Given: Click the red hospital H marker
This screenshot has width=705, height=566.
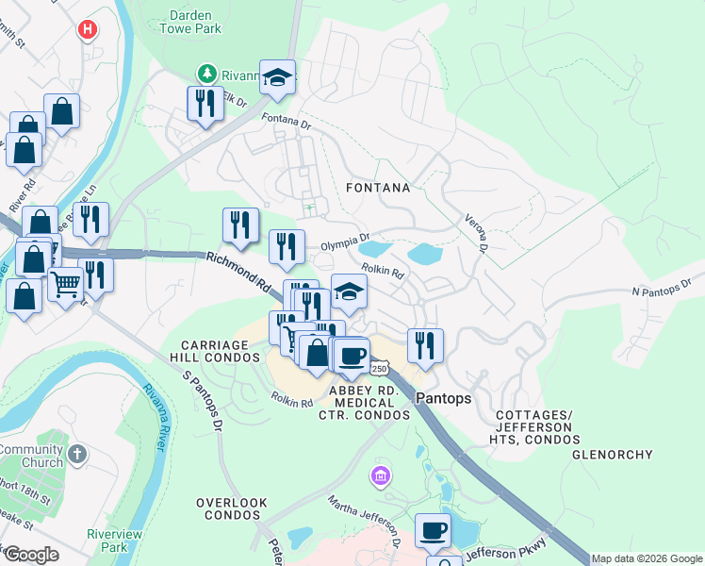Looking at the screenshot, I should [x=88, y=30].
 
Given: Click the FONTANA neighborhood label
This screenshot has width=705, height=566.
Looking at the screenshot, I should [x=378, y=188].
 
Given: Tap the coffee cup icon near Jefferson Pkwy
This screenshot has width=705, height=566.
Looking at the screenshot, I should [x=433, y=531].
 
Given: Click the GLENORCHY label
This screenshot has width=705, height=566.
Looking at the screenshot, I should [x=612, y=455].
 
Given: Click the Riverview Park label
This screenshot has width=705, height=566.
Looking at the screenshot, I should [x=107, y=540].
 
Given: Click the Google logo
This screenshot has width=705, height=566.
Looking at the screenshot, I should [x=31, y=555].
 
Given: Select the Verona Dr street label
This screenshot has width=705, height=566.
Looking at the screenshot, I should [x=474, y=232].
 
